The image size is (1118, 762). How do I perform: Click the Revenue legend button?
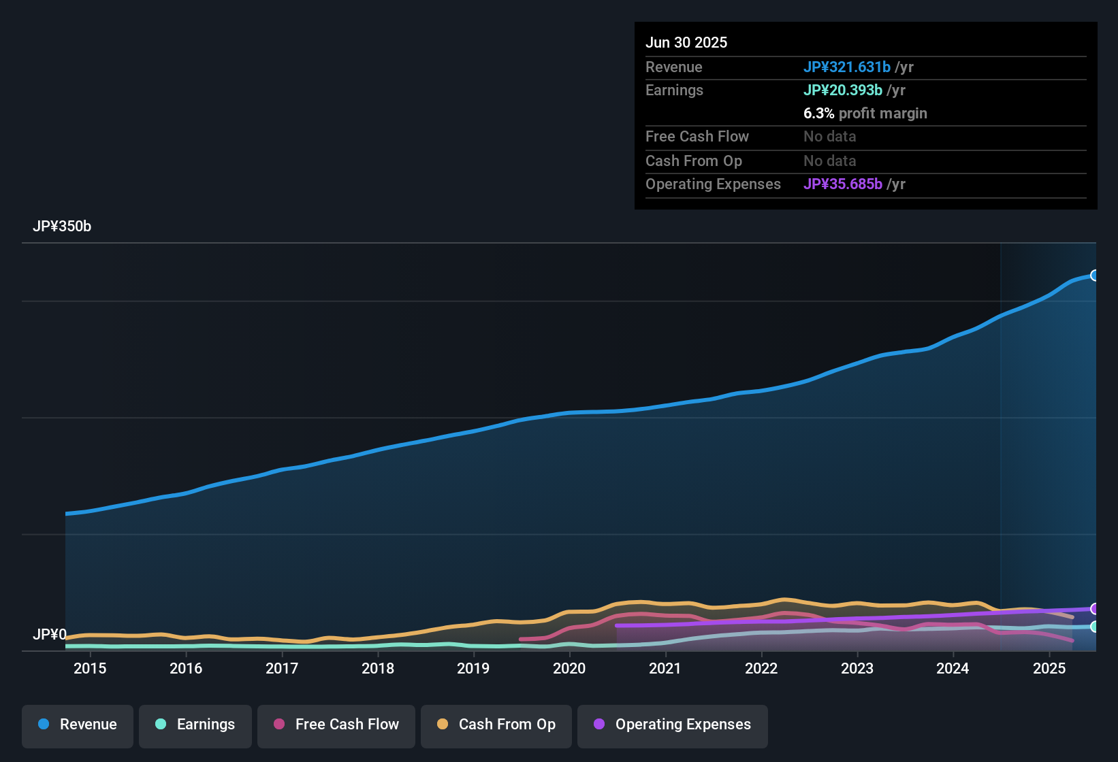coord(78,725)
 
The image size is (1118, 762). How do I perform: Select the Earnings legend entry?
coord(195,725)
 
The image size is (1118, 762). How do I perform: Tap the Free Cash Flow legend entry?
coord(336,725)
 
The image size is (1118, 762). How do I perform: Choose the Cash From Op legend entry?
coord(496,725)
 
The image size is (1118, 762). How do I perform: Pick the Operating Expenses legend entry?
coord(673,725)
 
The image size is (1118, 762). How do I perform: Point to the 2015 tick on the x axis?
coord(90,668)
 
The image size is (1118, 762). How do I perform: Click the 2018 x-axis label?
coord(378,668)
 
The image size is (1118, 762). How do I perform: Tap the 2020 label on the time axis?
coord(569,668)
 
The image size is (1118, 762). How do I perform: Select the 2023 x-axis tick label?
coord(857,668)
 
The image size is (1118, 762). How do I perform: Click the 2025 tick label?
coord(1049,668)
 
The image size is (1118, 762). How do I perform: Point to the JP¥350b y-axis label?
coord(62,227)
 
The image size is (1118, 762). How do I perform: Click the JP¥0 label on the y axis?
coord(50,635)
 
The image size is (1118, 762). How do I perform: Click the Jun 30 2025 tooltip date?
coord(686,42)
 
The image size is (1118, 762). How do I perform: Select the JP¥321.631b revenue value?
coord(847,67)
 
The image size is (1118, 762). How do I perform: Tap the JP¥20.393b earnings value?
coord(843,90)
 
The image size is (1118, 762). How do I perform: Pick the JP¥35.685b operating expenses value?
coord(843,184)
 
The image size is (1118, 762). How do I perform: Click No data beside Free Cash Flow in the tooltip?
coord(830,136)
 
